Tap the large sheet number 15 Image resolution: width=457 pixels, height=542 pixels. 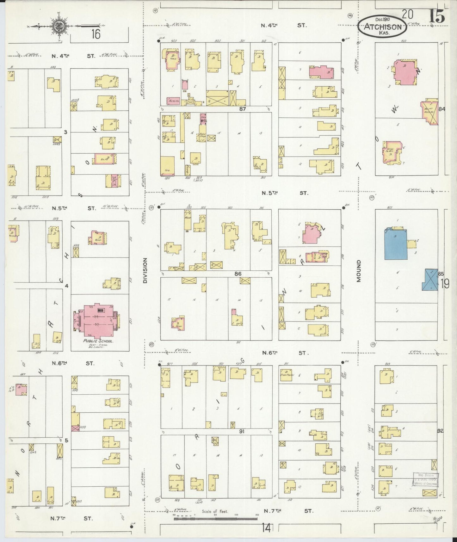437,16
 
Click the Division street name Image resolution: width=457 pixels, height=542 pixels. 145,270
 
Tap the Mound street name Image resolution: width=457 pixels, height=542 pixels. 359,271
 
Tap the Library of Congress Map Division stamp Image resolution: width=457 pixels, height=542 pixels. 425,479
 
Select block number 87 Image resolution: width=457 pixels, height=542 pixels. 243,109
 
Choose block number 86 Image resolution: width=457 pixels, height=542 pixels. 238,274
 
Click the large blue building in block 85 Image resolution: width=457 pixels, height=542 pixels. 396,244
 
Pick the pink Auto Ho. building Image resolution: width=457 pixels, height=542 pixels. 173,101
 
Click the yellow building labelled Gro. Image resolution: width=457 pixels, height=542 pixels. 168,166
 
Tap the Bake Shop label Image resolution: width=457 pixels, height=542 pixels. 201,135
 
